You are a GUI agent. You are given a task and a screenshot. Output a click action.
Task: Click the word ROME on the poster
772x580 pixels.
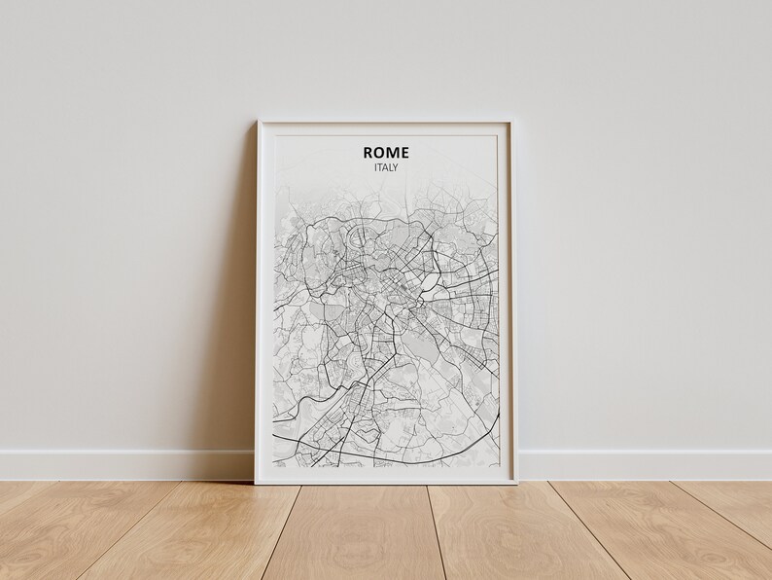[x=386, y=152]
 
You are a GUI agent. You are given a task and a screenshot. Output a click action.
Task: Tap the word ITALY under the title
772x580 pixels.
[x=386, y=167]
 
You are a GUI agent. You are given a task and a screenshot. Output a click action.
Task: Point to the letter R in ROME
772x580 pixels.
[x=368, y=152]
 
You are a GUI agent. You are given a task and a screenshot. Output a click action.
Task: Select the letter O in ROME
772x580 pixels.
[x=380, y=152]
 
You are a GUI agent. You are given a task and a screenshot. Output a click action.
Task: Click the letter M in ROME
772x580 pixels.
[x=393, y=152]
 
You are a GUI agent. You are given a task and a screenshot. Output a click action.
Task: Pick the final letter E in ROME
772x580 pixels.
[x=404, y=152]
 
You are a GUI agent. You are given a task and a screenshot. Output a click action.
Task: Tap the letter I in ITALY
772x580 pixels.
[x=375, y=167]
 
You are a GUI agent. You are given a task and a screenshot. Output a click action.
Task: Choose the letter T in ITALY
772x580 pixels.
[x=380, y=167]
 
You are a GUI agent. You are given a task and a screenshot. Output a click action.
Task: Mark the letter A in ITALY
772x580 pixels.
[x=386, y=167]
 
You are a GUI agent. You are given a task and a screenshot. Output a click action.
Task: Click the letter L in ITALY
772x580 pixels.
[x=392, y=167]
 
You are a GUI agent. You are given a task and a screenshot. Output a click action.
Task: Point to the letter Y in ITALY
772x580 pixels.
[x=397, y=167]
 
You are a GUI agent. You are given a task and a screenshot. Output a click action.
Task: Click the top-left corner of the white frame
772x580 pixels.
[x=259, y=123]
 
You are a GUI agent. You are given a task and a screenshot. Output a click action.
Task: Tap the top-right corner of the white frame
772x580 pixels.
[x=511, y=123]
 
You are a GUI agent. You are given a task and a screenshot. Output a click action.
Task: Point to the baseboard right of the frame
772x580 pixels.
[x=642, y=464]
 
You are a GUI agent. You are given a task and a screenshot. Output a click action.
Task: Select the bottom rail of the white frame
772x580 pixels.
[x=385, y=477]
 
